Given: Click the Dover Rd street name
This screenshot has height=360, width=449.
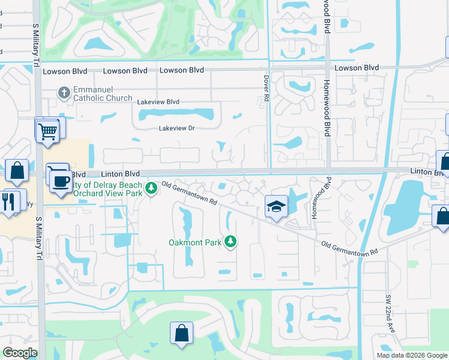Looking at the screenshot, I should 267,88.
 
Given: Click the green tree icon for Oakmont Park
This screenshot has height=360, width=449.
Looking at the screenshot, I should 230,242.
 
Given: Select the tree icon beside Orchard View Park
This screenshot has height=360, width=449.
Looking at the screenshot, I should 152,188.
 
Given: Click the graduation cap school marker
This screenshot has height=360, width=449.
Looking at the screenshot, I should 276,208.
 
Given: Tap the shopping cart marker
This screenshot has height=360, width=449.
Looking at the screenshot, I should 47,130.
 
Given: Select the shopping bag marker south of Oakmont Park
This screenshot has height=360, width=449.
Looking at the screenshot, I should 181,333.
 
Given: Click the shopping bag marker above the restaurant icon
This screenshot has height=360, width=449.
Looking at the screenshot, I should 17,170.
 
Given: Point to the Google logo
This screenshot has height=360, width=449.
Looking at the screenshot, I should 20,353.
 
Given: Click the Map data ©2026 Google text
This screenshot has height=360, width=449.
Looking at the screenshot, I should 412,355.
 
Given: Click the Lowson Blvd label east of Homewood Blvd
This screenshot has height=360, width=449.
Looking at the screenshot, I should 357,68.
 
